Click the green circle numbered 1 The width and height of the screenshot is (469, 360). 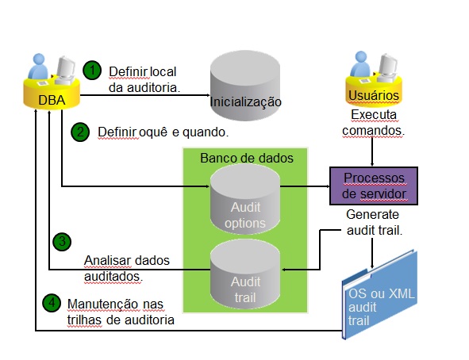point(92,71)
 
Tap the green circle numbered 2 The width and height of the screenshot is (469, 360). point(80,132)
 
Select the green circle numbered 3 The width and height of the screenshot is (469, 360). point(62,241)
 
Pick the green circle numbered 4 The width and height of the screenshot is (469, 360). point(52,303)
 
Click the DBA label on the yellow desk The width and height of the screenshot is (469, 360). point(52,100)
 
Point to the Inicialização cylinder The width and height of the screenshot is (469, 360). point(245,86)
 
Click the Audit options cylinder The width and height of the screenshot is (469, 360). point(245,199)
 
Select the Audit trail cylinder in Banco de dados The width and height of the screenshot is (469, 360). point(245,274)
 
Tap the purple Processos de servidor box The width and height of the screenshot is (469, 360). point(374,186)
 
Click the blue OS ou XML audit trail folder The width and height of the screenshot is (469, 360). point(379,295)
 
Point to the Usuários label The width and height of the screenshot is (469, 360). point(374,96)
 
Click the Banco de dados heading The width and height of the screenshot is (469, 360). point(247,158)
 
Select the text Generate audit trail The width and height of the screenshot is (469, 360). point(374,223)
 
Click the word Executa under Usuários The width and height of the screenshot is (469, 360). point(374,115)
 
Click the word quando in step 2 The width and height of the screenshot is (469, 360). point(204,132)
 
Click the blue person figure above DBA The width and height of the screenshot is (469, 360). point(38,67)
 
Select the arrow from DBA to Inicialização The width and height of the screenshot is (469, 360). point(145,95)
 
